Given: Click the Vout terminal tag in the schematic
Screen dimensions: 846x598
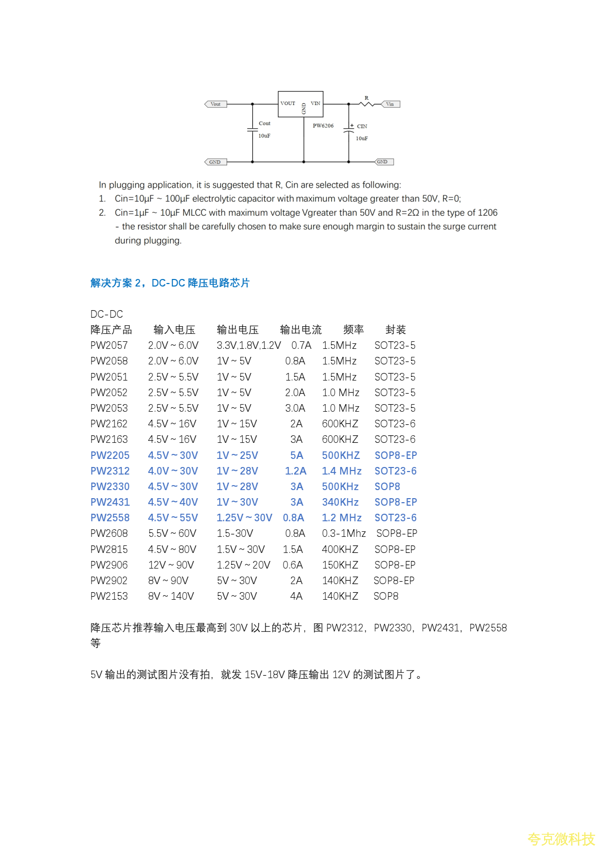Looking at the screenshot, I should tap(216, 104).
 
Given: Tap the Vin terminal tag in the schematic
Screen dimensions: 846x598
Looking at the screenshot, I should tap(390, 104).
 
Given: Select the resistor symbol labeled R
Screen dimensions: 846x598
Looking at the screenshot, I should tap(367, 104).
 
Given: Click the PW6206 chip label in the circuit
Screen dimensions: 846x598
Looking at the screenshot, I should tap(323, 126).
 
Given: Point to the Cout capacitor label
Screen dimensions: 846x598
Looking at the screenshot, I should tap(264, 123).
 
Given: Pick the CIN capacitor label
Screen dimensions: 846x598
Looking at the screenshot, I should tap(362, 126).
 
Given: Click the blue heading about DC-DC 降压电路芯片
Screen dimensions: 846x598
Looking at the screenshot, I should tap(170, 283).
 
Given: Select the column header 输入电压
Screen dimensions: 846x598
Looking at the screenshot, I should tap(174, 330).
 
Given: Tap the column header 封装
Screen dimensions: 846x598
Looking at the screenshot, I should tap(395, 330).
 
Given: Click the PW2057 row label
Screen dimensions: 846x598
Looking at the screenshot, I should tap(109, 345).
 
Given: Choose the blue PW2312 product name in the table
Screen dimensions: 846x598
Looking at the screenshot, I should tap(110, 471).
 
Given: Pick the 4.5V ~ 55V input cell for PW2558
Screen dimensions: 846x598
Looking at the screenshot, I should tap(173, 518).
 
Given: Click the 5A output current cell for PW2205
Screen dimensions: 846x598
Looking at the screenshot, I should tap(296, 455).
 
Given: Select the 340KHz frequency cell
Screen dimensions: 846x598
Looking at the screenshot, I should tap(340, 502).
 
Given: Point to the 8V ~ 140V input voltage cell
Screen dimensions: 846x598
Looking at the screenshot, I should tap(171, 596).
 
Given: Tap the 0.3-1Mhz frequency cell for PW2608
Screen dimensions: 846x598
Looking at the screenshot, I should tap(344, 533).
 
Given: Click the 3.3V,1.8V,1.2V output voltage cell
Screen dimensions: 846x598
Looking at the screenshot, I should tap(249, 345).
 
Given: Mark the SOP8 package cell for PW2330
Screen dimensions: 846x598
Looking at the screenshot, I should tap(387, 487).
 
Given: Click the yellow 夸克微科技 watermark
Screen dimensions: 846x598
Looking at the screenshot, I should tap(561, 838).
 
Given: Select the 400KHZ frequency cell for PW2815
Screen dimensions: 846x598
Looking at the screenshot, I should tap(340, 549).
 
